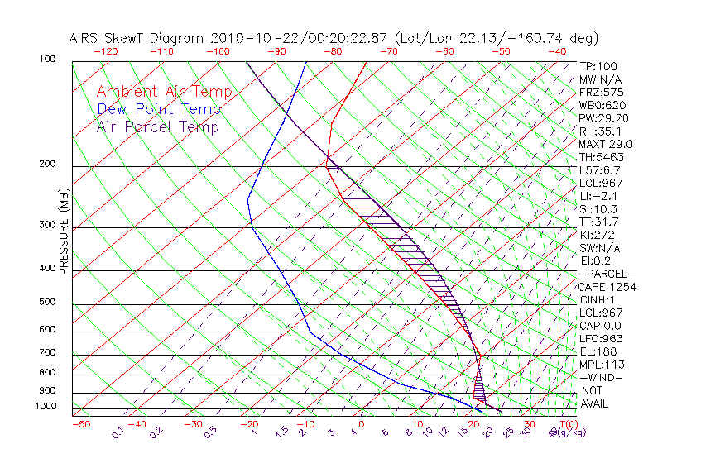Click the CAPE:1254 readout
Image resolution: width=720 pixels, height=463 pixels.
(x=602, y=287)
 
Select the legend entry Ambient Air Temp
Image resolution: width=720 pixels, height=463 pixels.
(x=164, y=92)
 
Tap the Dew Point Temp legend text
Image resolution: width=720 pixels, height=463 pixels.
(x=159, y=109)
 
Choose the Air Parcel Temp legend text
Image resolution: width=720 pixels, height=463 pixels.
(x=157, y=126)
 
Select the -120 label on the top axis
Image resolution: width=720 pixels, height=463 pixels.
(x=106, y=51)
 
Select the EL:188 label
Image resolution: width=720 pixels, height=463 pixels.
(x=596, y=351)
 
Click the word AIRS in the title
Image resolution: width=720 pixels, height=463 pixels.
(x=87, y=38)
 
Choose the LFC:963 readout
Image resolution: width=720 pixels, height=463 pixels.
(x=599, y=339)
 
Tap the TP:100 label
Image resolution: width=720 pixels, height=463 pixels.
(x=598, y=66)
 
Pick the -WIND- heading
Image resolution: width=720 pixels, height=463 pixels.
(x=601, y=377)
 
